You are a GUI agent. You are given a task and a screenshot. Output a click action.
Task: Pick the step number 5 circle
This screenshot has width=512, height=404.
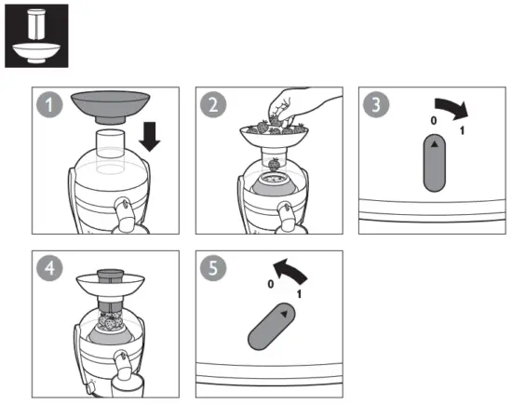[x=214, y=267]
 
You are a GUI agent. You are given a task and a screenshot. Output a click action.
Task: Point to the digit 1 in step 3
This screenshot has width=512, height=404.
[x=463, y=133]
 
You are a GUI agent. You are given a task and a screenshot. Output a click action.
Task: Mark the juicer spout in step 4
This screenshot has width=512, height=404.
[x=122, y=365]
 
